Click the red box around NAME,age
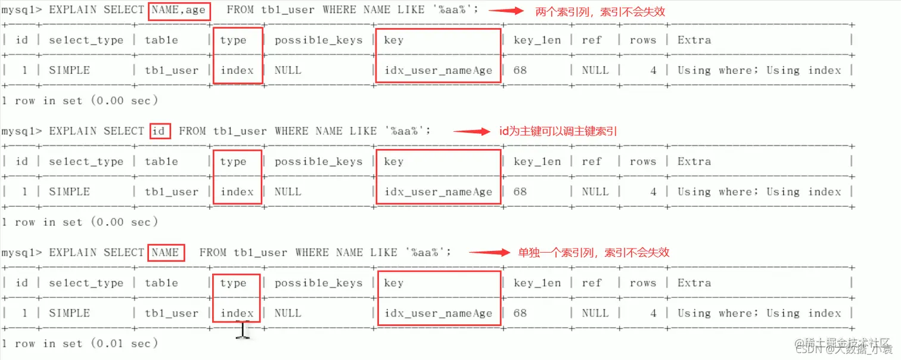[x=179, y=11]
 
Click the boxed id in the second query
[x=160, y=131]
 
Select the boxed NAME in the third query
[x=166, y=253]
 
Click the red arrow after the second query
[x=472, y=132]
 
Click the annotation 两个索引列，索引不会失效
[x=600, y=11]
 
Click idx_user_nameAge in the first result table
[x=439, y=70]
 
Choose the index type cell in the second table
[x=237, y=192]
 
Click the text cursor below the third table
[x=243, y=330]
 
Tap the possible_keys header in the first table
[x=318, y=41]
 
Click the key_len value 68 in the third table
[x=520, y=314]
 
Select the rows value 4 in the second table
[x=653, y=192]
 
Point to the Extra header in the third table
[x=694, y=283]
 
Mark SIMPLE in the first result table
[x=69, y=70]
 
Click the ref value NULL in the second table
[x=595, y=192]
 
